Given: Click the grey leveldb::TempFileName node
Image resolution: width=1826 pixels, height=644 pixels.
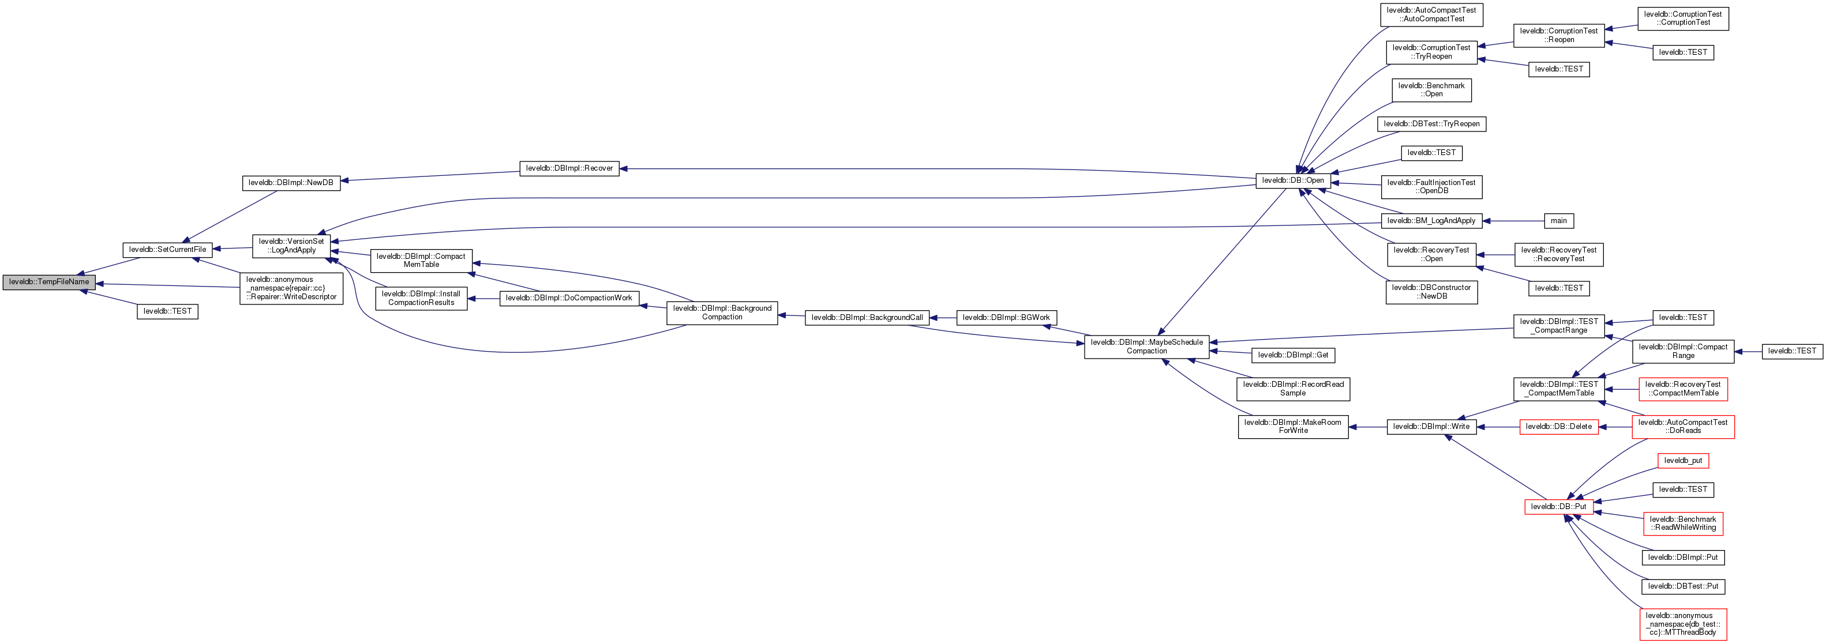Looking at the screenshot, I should (x=49, y=282).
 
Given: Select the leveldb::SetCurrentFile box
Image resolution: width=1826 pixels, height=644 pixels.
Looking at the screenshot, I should (x=167, y=250).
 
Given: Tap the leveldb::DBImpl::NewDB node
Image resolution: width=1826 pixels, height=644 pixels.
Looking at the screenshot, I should (x=291, y=183).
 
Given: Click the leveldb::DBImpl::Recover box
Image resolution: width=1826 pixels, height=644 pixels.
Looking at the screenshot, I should (x=569, y=168).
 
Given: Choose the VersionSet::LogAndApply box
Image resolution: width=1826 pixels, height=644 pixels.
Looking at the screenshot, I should (x=291, y=246).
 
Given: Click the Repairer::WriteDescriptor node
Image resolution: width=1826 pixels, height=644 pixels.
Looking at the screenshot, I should (x=291, y=288).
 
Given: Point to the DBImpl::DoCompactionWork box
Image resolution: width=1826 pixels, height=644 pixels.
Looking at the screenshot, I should (x=569, y=298).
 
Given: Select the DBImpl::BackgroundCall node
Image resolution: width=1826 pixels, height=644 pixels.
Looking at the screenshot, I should (x=867, y=318).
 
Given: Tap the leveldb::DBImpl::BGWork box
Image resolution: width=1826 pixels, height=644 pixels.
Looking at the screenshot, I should (x=1006, y=318).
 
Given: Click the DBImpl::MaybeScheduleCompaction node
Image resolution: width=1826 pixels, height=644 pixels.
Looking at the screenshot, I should (x=1146, y=347).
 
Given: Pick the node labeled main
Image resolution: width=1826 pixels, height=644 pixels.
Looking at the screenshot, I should (x=1558, y=221).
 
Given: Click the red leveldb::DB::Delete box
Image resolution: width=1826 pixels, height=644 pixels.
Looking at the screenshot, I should (x=1559, y=427).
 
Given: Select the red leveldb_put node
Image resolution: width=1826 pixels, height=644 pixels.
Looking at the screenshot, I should (x=1683, y=461).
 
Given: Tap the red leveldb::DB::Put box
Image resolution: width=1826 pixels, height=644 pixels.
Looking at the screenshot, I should (x=1559, y=507).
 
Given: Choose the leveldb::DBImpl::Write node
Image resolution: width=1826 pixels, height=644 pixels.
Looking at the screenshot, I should (x=1431, y=427).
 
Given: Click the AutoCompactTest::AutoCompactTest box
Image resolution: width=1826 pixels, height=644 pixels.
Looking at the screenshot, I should (x=1432, y=15).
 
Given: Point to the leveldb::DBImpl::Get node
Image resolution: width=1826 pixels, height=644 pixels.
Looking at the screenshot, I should (x=1293, y=355).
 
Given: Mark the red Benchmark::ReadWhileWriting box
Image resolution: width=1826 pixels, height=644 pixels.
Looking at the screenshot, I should (x=1683, y=524).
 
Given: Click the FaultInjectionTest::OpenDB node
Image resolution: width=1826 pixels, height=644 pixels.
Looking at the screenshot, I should (x=1431, y=187).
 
